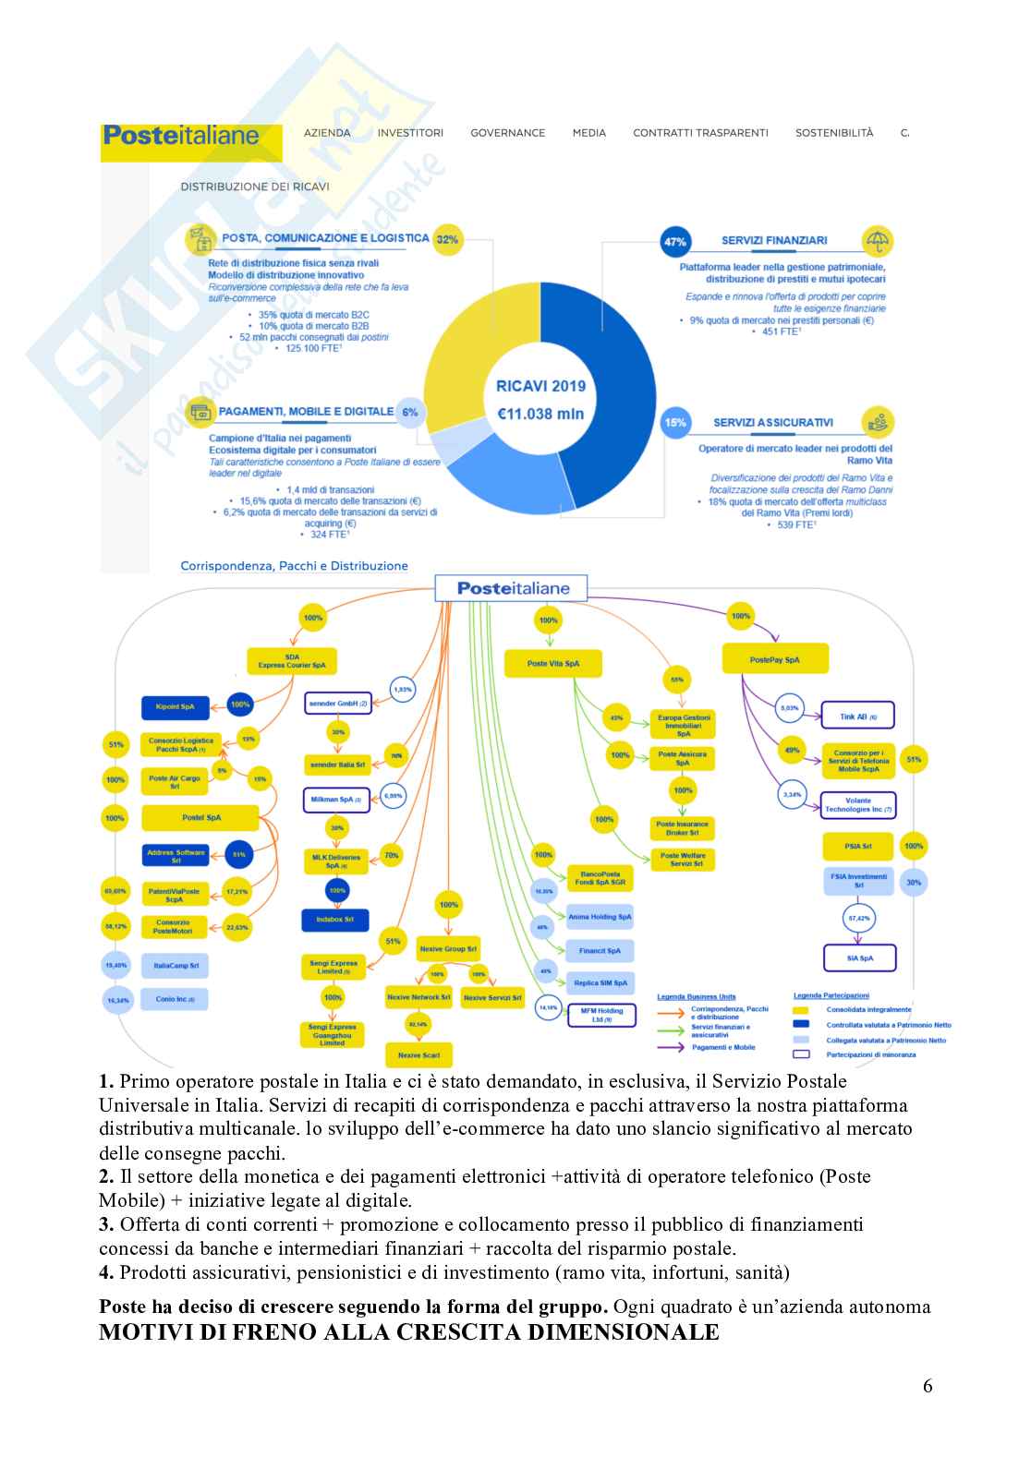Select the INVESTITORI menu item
click(410, 133)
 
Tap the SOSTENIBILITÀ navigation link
click(833, 133)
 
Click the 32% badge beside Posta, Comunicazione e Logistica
click(447, 239)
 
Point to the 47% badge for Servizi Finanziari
click(675, 242)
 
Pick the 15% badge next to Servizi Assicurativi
click(675, 423)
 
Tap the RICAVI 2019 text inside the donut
click(540, 387)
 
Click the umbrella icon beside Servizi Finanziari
click(877, 241)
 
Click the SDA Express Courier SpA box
click(292, 661)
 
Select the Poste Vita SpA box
click(552, 663)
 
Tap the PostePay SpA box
click(774, 660)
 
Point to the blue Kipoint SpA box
click(175, 707)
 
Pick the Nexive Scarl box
click(418, 1054)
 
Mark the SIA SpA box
click(859, 958)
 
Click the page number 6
click(928, 1386)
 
